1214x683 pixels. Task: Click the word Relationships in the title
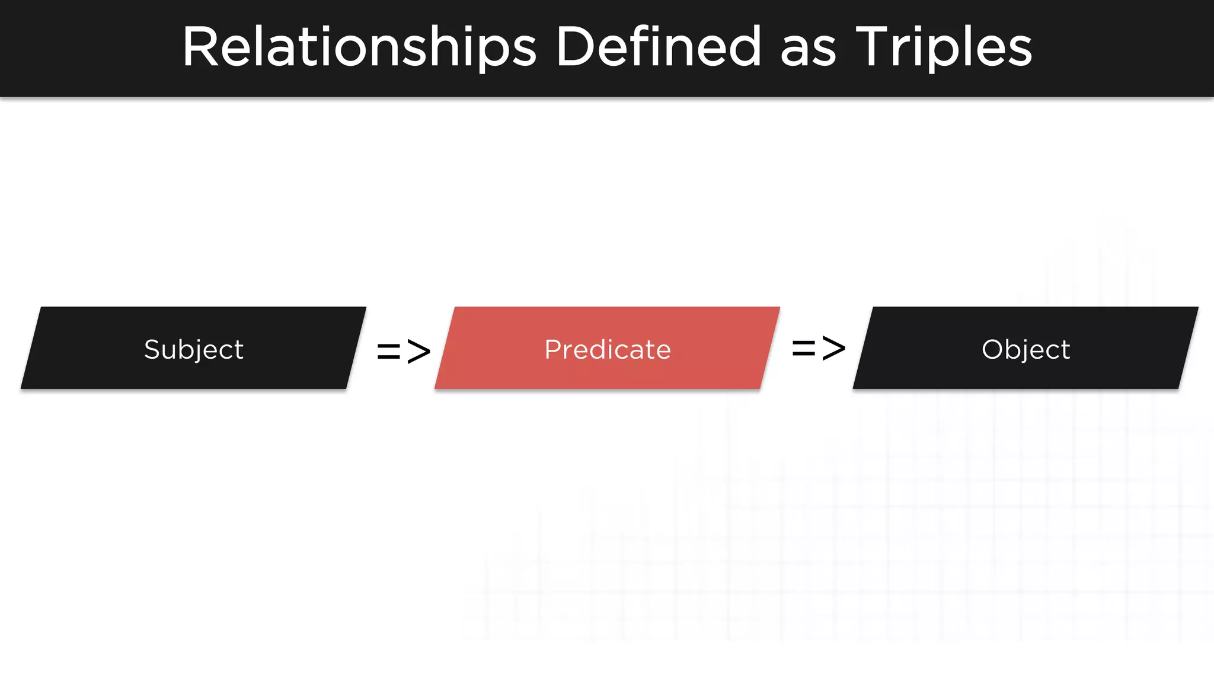(359, 47)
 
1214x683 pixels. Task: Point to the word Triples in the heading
(944, 47)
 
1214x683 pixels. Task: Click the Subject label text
(194, 349)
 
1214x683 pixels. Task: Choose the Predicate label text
(608, 349)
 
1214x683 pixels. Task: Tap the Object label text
(1026, 349)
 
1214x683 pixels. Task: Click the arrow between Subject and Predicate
(403, 351)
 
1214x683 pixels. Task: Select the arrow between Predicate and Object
(819, 348)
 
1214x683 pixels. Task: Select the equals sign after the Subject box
(389, 351)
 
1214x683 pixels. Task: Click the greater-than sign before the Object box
(833, 348)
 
